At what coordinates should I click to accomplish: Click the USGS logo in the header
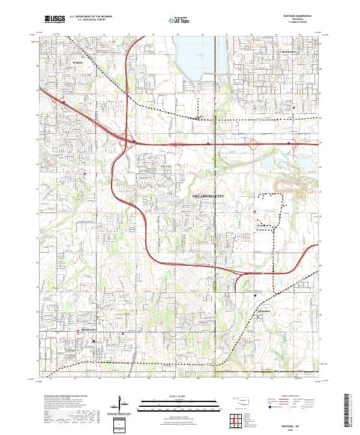pos(56,20)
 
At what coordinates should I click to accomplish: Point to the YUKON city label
pos(76,62)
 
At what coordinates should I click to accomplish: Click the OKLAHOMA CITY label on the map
pos(211,196)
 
